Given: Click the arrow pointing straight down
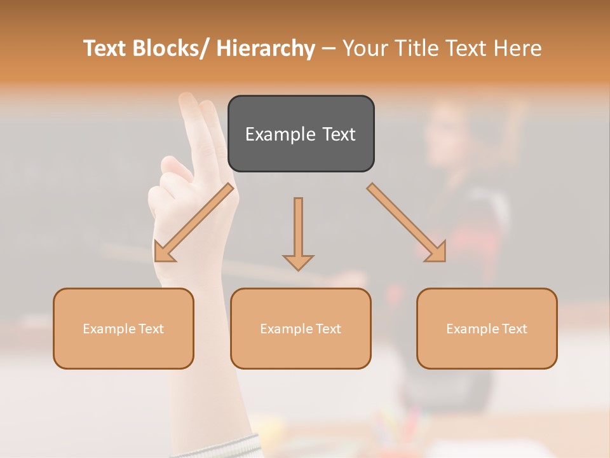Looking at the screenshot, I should (x=298, y=232).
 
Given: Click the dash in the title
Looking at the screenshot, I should (x=329, y=49).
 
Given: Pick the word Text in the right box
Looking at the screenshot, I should (x=514, y=329).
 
